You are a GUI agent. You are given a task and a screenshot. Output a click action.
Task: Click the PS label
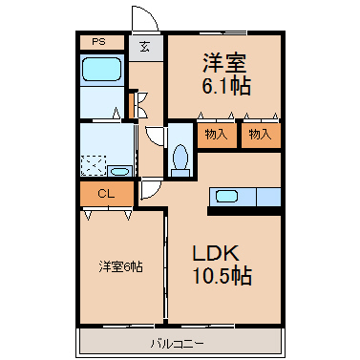[x=98, y=42]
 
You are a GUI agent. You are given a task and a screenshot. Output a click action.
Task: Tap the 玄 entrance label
[x=145, y=47]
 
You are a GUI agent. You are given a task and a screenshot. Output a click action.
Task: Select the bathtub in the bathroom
[x=101, y=69]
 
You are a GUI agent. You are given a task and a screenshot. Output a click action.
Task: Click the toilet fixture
[x=180, y=160]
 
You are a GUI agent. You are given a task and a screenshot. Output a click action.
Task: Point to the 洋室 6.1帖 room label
[x=226, y=74]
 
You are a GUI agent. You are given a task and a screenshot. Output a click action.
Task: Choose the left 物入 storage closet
[x=217, y=135]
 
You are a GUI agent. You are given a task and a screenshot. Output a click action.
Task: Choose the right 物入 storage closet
[x=261, y=135]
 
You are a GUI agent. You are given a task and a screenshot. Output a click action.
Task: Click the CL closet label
[x=106, y=194]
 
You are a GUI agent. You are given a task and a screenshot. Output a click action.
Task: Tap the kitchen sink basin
[x=226, y=196]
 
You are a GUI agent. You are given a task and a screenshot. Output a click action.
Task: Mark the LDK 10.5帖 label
[x=222, y=265]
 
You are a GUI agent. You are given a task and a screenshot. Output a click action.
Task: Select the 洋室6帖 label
[x=120, y=266]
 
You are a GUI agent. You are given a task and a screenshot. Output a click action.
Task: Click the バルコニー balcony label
[x=177, y=344]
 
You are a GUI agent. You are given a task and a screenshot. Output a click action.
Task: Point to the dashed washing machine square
[x=94, y=165]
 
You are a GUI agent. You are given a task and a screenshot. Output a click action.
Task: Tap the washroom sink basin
[x=119, y=172]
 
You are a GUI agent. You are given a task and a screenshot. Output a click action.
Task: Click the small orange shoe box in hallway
[x=132, y=105]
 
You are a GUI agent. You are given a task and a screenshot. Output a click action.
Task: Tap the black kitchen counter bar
[x=244, y=211]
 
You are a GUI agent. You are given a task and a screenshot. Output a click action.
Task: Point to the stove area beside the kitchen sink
[x=268, y=197]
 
